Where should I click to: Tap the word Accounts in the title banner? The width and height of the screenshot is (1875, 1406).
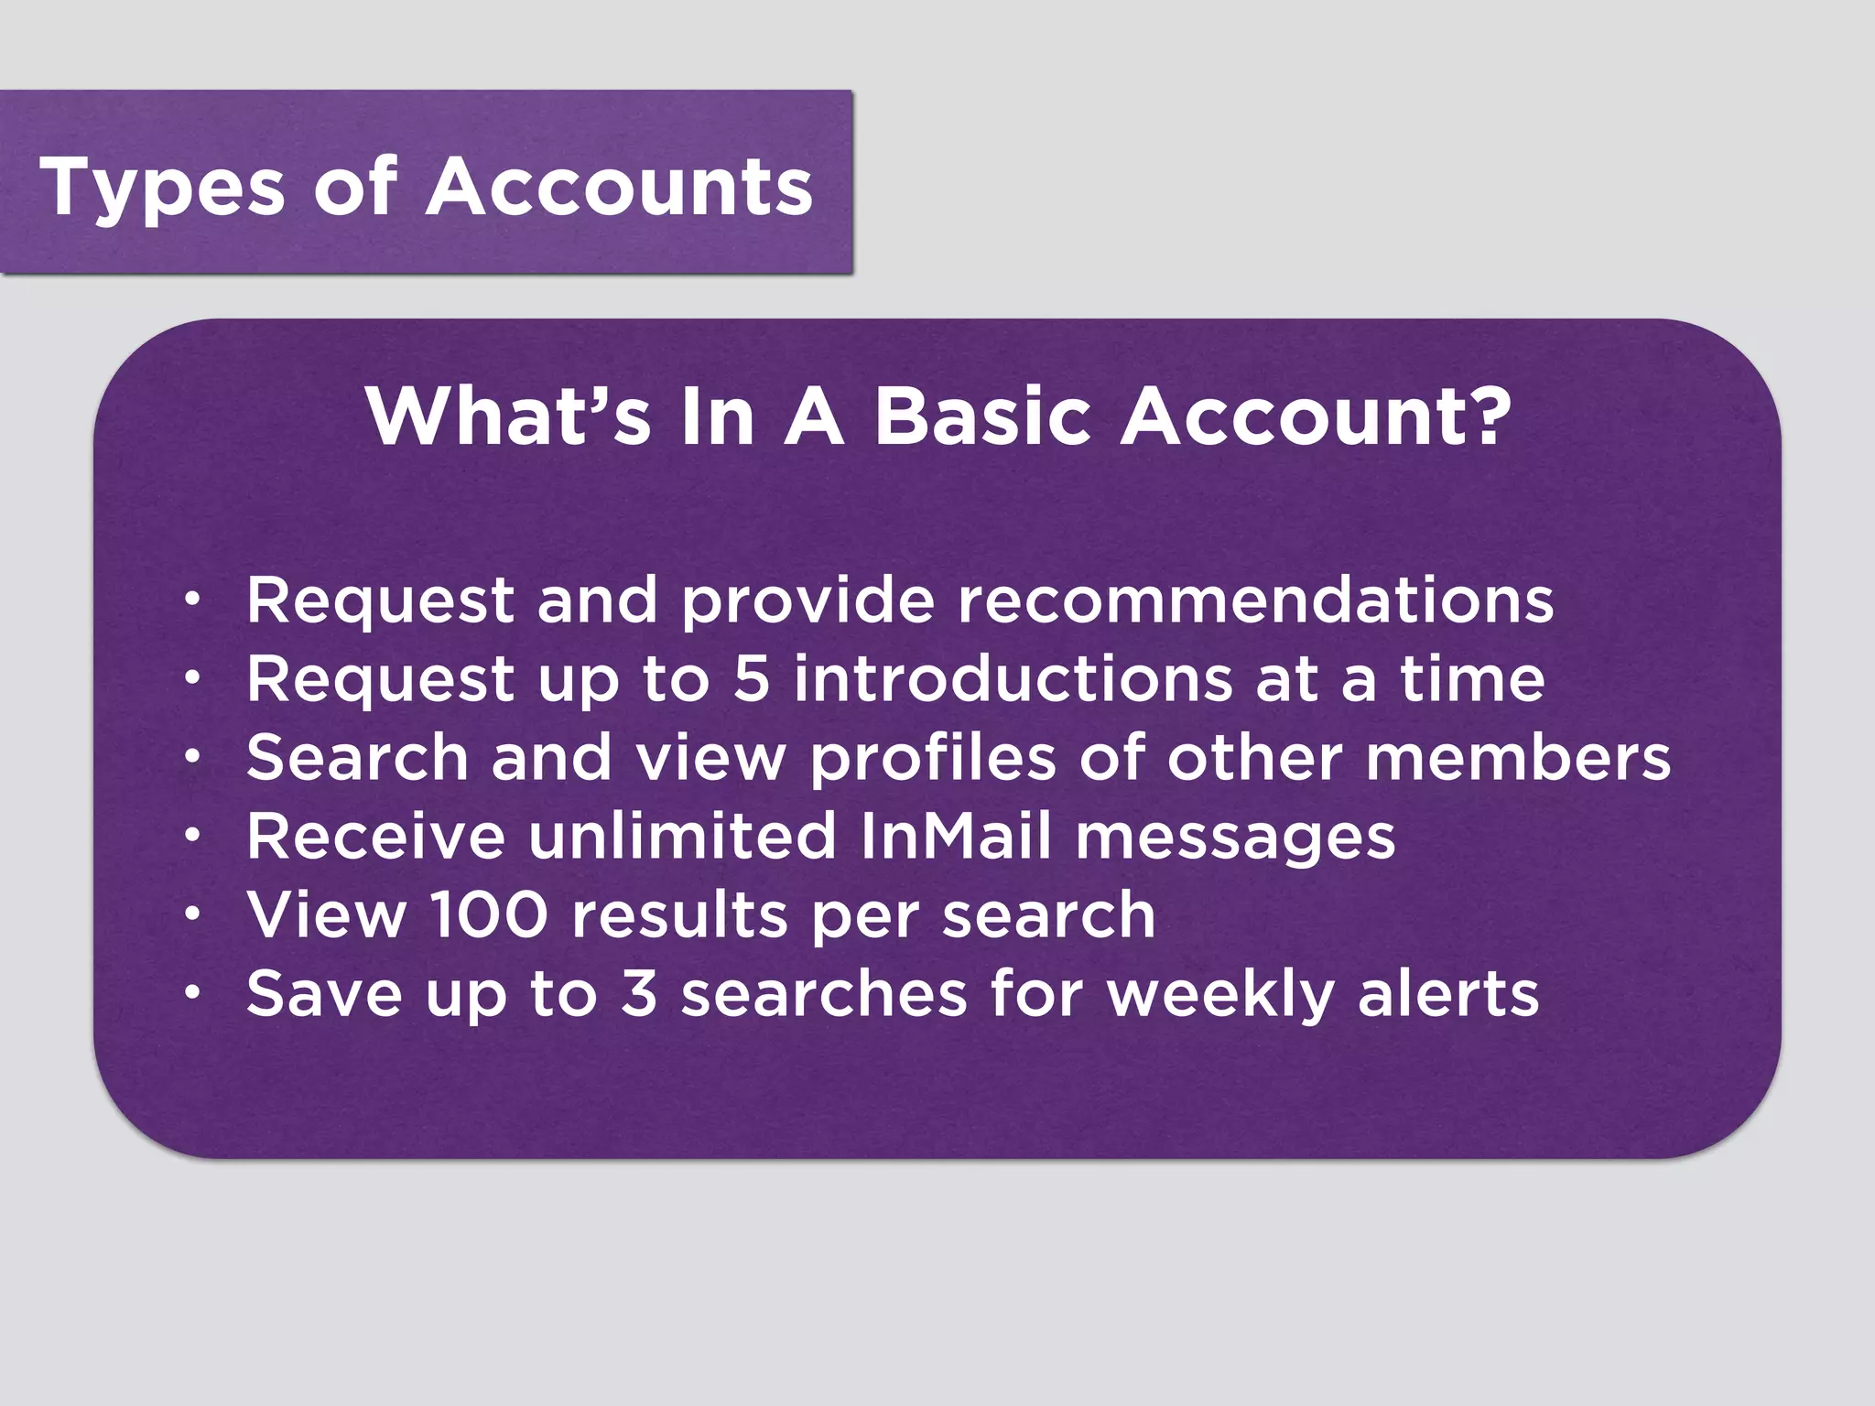coord(620,187)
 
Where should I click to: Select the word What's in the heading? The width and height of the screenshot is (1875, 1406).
coord(508,416)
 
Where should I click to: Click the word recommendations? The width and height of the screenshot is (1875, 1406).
coord(1256,600)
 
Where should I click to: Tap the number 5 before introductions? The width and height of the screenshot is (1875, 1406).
coord(752,679)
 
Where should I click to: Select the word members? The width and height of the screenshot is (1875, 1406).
coord(1518,760)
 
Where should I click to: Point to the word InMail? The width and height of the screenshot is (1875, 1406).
coord(956,837)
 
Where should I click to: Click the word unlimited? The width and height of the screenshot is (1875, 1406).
coord(682,837)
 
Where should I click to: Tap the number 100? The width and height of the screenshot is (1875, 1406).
coord(489,915)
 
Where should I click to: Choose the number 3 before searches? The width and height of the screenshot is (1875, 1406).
coord(639,994)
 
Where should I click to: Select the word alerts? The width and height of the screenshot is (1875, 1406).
coord(1448,994)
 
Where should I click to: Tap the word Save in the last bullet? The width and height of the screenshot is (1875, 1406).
coord(324,994)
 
